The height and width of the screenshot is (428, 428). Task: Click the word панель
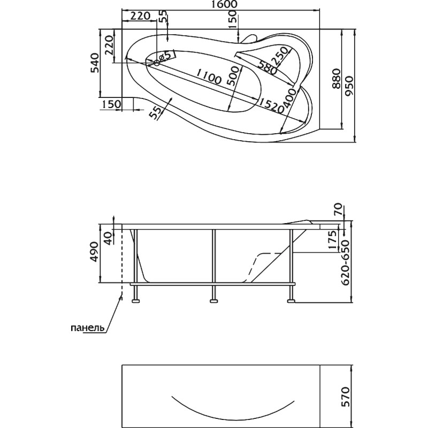(88, 327)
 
